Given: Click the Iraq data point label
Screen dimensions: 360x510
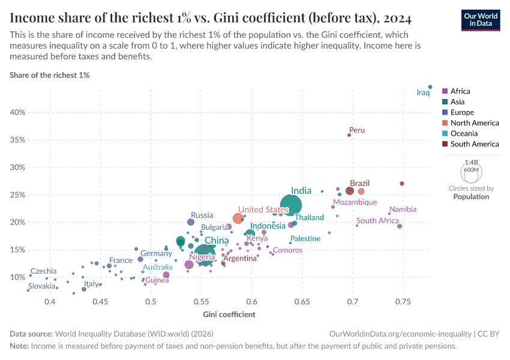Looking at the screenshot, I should (424, 92).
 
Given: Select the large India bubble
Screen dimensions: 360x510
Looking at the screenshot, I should (291, 205).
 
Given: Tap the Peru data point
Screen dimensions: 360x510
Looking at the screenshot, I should (349, 135).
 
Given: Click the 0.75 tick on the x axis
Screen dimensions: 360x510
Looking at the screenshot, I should (403, 301).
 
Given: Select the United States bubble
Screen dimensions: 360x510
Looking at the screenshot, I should (238, 218).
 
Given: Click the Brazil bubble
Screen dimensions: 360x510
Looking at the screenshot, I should (350, 191).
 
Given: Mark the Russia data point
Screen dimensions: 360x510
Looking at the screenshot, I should (191, 222).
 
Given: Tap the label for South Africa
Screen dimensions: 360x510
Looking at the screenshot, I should (377, 221).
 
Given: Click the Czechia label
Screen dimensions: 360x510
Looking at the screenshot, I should (43, 271).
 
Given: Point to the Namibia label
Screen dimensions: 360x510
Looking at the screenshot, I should (403, 209).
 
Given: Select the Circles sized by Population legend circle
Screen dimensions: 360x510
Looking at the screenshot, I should (471, 173).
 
